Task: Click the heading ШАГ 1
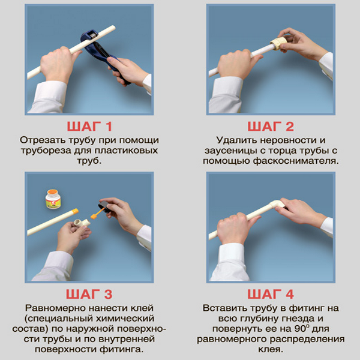89,127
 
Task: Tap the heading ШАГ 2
271,127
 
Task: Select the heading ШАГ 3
89,295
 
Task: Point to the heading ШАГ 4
271,295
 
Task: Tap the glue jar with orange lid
53,199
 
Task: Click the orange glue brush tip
94,216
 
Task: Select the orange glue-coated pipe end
76,211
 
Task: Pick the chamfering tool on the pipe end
278,43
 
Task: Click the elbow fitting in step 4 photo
277,205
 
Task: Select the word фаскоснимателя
296,161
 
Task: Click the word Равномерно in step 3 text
55,308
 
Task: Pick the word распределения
307,340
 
